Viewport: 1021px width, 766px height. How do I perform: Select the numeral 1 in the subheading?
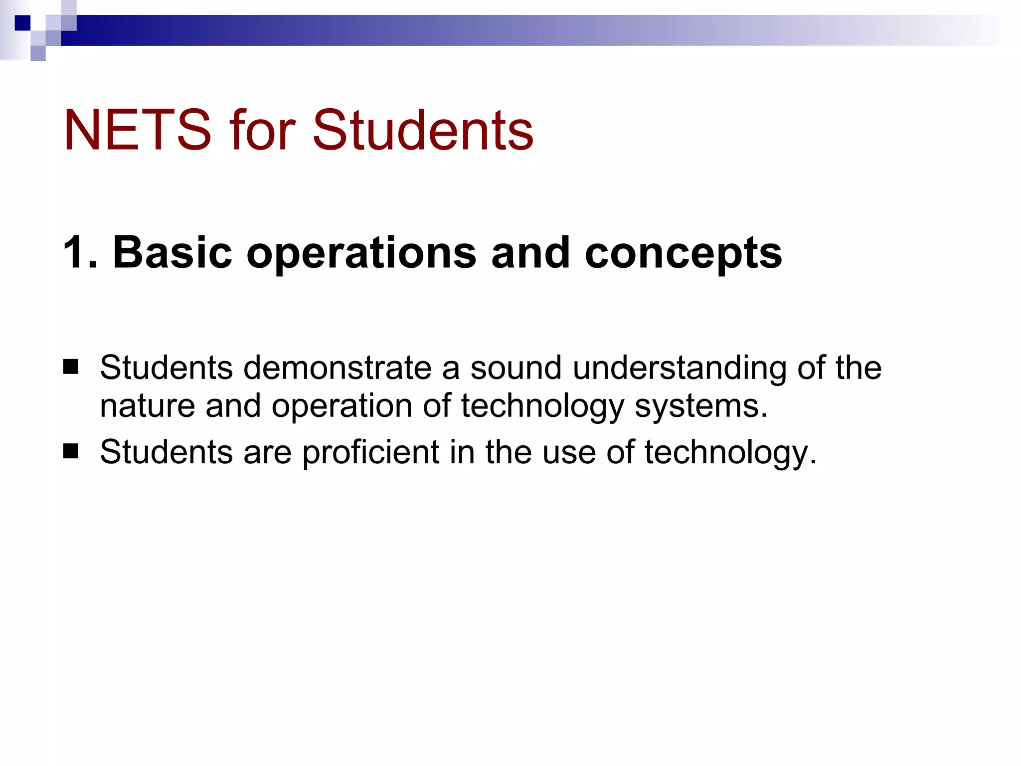(x=74, y=252)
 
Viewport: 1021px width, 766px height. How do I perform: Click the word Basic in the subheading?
(x=172, y=252)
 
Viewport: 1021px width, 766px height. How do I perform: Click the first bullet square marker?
(x=71, y=367)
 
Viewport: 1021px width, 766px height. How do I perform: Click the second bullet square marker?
(x=71, y=451)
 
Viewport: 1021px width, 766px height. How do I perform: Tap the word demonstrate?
(x=338, y=368)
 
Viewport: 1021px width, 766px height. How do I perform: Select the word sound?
(x=516, y=368)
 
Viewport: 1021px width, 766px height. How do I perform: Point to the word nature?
(x=147, y=406)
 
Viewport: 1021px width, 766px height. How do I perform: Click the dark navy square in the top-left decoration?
(x=22, y=23)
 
